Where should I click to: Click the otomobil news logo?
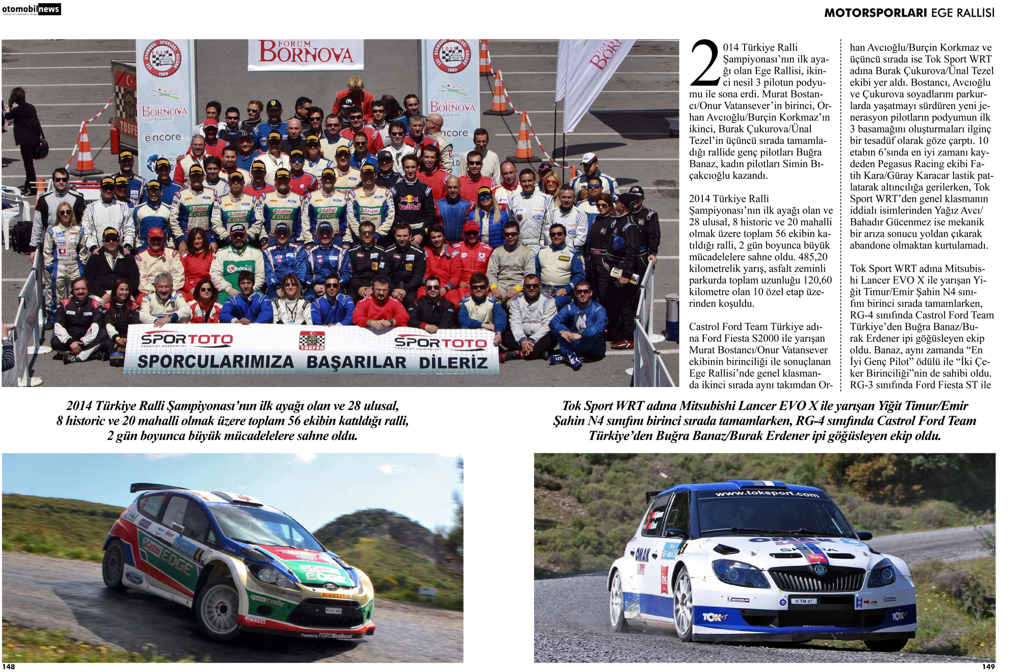tap(31, 9)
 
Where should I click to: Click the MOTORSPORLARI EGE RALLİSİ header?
tap(909, 13)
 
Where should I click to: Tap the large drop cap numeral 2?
tap(705, 64)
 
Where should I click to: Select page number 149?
tap(988, 666)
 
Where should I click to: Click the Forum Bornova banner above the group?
tap(305, 54)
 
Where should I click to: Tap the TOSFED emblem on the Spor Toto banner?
tap(312, 341)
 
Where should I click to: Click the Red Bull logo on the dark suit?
tap(409, 206)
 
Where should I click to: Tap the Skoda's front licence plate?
tap(804, 601)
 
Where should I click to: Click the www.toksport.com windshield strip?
tap(767, 494)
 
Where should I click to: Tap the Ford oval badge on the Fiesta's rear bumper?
tap(134, 578)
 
